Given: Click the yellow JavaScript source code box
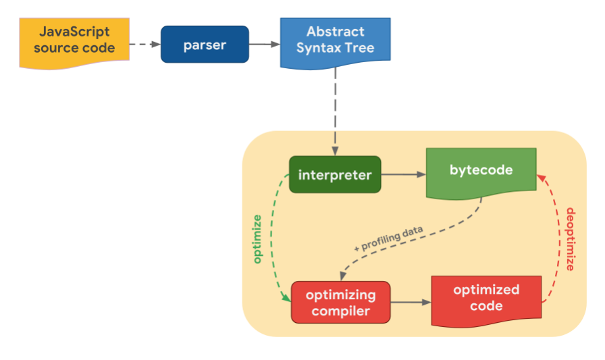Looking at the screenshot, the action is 74,43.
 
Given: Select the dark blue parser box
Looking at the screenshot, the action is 205,45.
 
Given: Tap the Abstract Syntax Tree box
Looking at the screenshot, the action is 336,43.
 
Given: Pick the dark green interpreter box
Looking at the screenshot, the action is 335,174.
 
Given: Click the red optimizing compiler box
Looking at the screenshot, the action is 341,302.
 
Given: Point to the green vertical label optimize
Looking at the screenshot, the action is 257,239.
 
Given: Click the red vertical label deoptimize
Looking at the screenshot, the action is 571,239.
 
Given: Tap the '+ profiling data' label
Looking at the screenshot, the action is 389,239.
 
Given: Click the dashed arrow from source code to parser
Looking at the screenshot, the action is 145,45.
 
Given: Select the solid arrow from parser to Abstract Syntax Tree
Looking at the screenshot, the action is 265,45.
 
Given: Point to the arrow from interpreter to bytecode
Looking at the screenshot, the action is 404,174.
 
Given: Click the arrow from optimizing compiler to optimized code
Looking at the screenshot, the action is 411,302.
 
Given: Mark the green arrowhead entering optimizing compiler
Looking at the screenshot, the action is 286,297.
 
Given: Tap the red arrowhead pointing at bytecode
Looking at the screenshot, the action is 542,178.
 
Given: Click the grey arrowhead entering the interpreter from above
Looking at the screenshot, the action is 335,151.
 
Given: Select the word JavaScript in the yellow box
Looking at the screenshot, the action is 74,32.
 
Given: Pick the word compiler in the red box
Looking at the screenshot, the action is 341,311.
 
